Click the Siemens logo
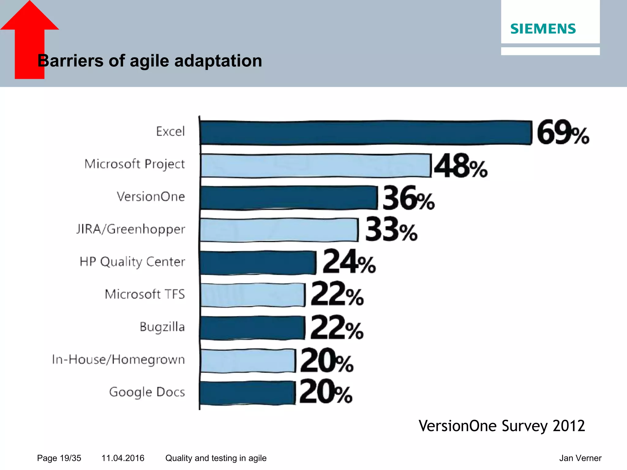point(543,29)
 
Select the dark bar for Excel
point(365,133)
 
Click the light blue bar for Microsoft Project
point(315,166)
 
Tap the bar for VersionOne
point(288,198)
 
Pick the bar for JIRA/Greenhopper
point(279,230)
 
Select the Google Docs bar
point(247,393)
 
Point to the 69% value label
point(563,132)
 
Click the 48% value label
point(460,166)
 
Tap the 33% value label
point(391,229)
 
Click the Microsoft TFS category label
point(145,294)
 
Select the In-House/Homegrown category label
point(118,360)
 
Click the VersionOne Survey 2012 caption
point(501,426)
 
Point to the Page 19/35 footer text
point(59,458)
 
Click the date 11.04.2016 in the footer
point(123,458)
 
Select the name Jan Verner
point(580,458)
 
